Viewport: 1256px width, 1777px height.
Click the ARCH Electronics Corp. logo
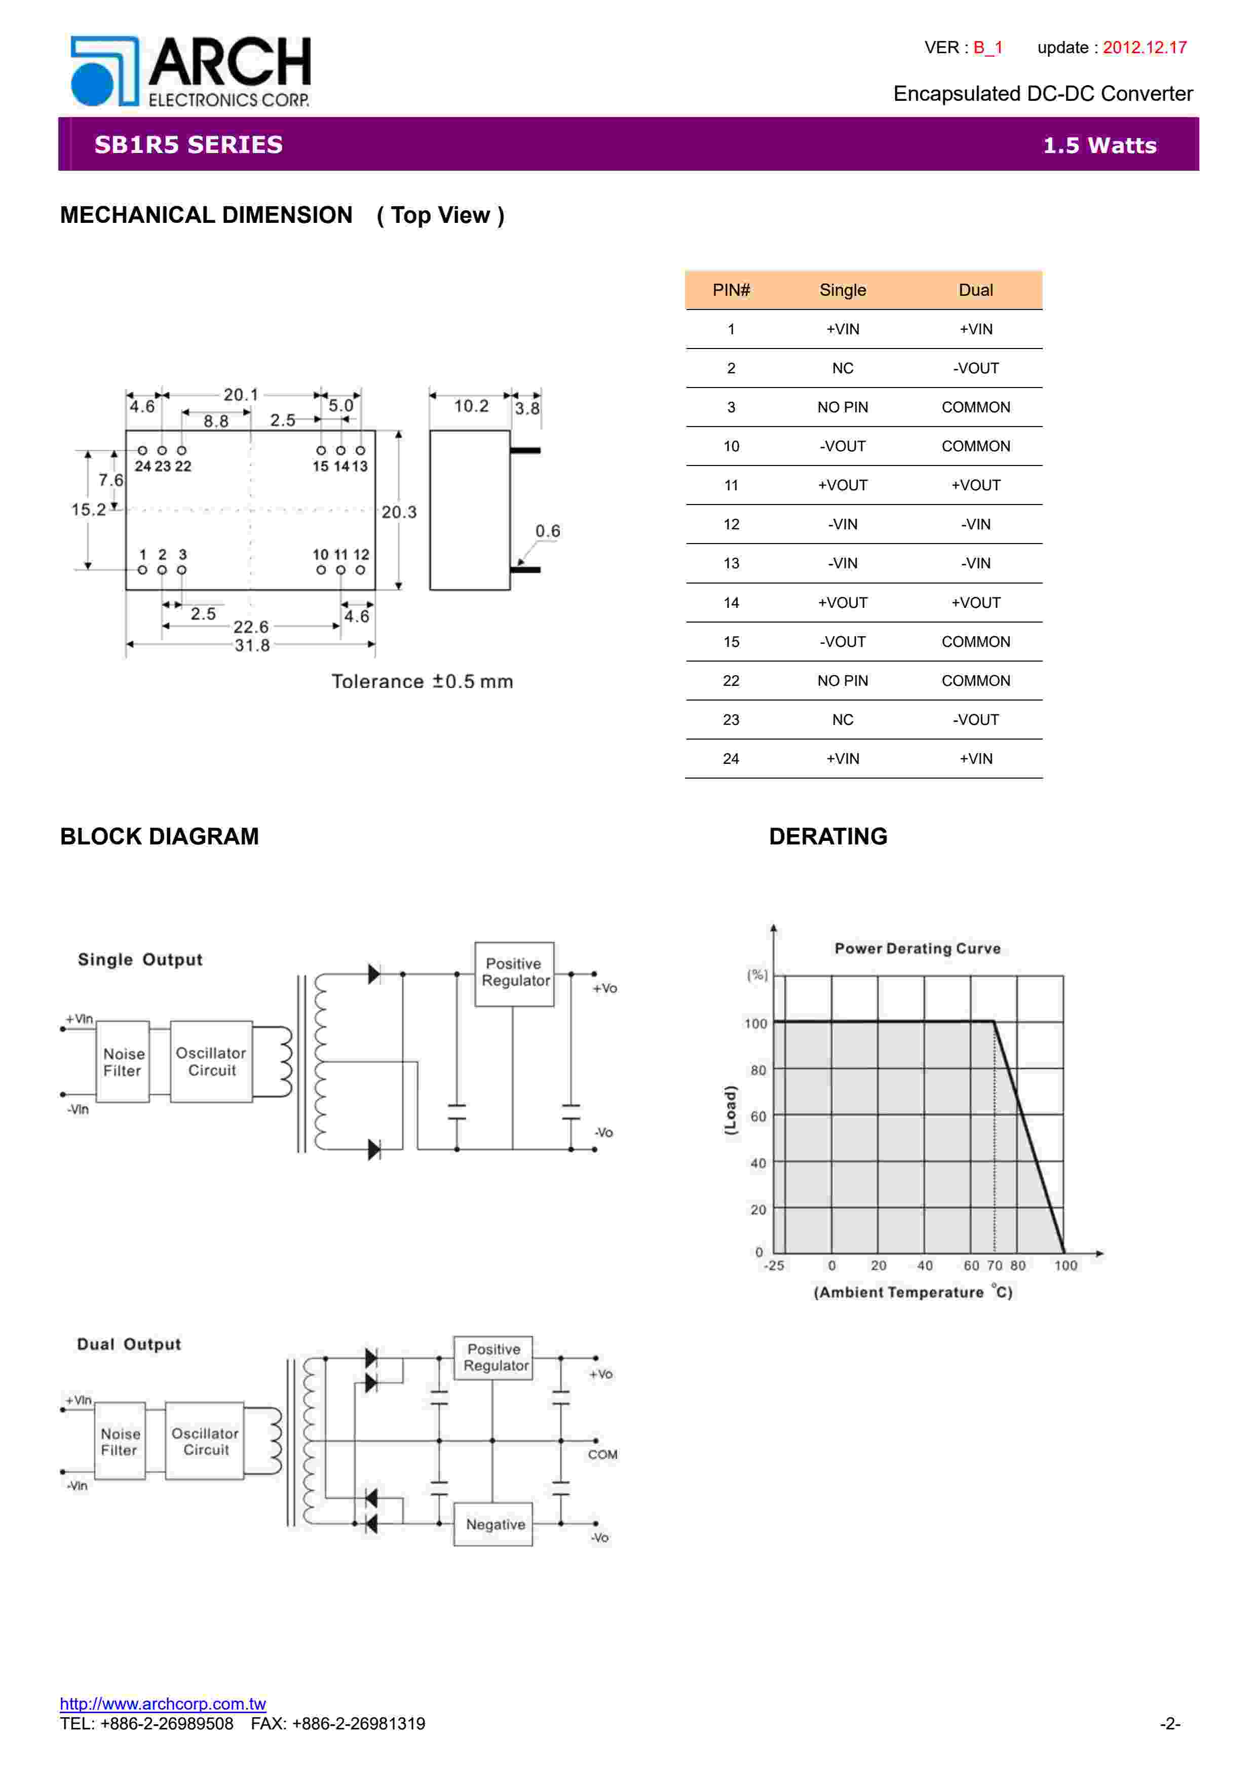click(x=189, y=71)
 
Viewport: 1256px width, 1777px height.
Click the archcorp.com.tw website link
click(x=163, y=1704)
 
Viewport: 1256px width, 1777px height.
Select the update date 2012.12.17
click(x=1144, y=47)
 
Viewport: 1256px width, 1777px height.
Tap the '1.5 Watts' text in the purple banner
click(x=1099, y=145)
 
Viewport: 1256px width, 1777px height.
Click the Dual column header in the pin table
click(x=975, y=290)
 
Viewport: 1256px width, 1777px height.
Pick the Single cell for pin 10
click(x=842, y=447)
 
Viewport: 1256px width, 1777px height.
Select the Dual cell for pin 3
click(x=975, y=407)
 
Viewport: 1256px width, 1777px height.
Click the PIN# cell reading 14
click(x=731, y=603)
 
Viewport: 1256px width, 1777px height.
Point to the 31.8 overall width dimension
click(x=252, y=645)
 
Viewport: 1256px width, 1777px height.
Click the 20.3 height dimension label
click(x=399, y=512)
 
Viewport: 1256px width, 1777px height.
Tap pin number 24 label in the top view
click(x=142, y=467)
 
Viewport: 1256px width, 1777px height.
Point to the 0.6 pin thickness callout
click(x=547, y=531)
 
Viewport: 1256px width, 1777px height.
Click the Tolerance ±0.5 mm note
click(x=422, y=682)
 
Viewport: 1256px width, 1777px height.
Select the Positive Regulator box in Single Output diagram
click(x=515, y=973)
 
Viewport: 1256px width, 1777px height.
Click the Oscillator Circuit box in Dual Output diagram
click(x=205, y=1441)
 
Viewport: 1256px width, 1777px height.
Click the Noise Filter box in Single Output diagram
click(x=123, y=1062)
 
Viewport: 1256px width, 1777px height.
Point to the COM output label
click(x=602, y=1454)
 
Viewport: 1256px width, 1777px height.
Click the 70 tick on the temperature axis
click(x=995, y=1265)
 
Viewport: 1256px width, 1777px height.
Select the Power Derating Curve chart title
click(x=917, y=948)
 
